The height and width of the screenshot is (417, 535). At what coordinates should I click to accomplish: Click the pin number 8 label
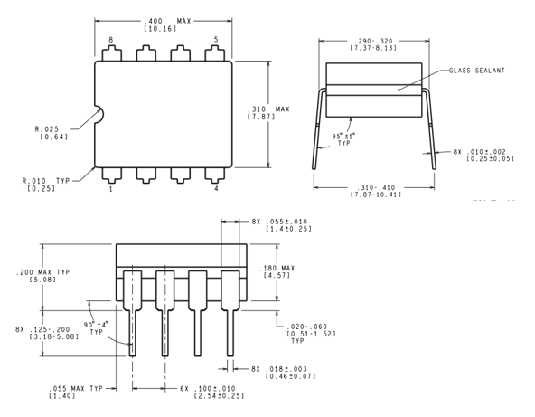point(111,40)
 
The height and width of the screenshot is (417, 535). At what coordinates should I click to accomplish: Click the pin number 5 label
point(215,40)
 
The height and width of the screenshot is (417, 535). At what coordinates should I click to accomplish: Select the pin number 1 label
point(111,189)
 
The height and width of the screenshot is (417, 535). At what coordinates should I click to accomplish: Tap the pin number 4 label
point(215,189)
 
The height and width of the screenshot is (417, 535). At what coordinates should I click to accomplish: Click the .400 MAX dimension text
point(163,20)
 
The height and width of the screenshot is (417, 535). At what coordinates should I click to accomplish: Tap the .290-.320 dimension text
point(373,42)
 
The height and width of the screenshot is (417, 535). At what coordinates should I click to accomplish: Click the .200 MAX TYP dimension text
point(32,274)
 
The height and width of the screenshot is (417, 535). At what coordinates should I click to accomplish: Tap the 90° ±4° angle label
point(97,327)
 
